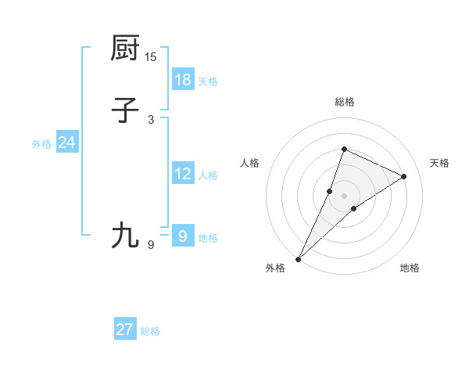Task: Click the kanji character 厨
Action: pyautogui.click(x=125, y=48)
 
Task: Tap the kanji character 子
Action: pyautogui.click(x=125, y=110)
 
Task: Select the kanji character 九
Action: pyautogui.click(x=125, y=236)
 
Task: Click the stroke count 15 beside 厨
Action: pyautogui.click(x=151, y=56)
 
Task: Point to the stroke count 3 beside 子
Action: pyautogui.click(x=151, y=119)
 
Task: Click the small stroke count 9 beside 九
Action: pyautogui.click(x=151, y=245)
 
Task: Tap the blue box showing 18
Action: pyautogui.click(x=183, y=79)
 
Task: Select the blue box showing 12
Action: pyautogui.click(x=183, y=174)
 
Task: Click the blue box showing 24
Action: pyautogui.click(x=67, y=143)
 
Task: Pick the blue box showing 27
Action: pyautogui.click(x=125, y=330)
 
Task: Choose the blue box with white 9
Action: pyautogui.click(x=183, y=236)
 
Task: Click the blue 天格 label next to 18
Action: pyautogui.click(x=208, y=81)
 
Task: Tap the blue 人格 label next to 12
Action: pyautogui.click(x=208, y=175)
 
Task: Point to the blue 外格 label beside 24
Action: pyautogui.click(x=41, y=144)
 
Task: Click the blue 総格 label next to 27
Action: pyautogui.click(x=150, y=331)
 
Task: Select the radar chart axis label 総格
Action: pyautogui.click(x=345, y=102)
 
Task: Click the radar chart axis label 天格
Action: pyautogui.click(x=439, y=163)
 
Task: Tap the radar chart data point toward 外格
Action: pyautogui.click(x=299, y=258)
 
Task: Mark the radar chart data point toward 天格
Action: pyautogui.click(x=404, y=176)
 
